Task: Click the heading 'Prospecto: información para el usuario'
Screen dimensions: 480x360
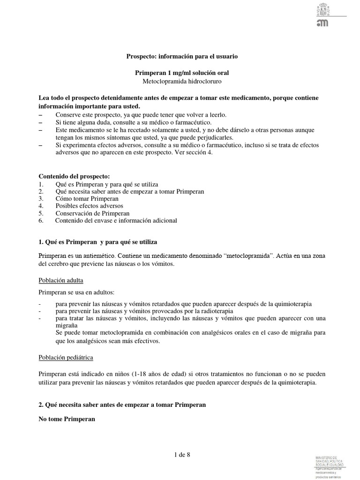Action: (182, 56)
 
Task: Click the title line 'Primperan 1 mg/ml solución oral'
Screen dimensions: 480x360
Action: (182, 73)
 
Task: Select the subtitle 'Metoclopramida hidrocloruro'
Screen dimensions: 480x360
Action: (182, 81)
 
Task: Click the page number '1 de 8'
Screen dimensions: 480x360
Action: (182, 454)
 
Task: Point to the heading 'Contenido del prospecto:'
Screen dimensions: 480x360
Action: (74, 176)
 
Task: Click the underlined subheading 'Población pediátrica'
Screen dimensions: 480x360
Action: (66, 357)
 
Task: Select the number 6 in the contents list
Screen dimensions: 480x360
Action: (41, 220)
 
